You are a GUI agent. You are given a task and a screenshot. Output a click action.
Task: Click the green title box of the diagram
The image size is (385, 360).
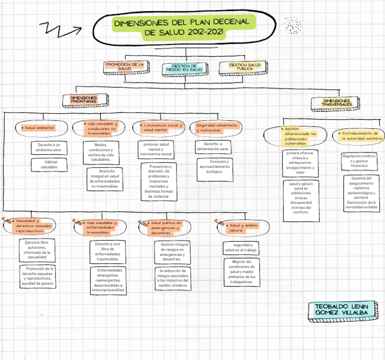coord(183,28)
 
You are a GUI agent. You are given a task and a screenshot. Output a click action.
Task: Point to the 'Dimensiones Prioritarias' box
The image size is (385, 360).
coord(85,100)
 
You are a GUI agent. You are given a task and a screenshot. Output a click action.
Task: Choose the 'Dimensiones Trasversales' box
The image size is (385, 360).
coord(337,103)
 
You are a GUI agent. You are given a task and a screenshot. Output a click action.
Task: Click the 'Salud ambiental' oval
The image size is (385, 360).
coord(40,128)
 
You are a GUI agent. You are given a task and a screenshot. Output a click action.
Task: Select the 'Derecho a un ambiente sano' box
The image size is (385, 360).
coord(49,148)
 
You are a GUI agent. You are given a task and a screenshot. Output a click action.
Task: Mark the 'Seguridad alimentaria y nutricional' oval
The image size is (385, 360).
coord(218,128)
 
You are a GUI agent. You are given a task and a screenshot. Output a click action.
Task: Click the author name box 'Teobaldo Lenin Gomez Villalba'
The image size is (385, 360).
coord(341,309)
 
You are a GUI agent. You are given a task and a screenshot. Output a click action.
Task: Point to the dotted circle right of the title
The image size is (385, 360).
coord(292,25)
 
